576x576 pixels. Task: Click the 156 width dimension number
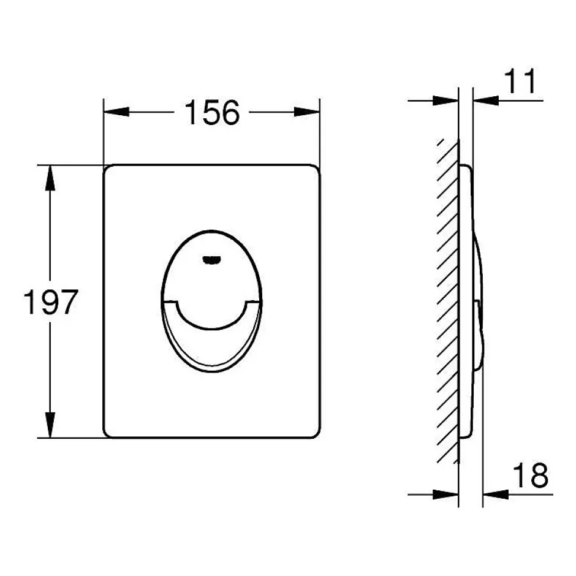[x=213, y=112]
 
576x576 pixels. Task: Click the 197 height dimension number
[x=51, y=302]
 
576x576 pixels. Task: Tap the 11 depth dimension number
[x=520, y=81]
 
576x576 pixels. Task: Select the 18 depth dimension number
[x=530, y=475]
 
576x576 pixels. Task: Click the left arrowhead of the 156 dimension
[x=116, y=112]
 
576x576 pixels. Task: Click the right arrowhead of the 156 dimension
[x=307, y=112]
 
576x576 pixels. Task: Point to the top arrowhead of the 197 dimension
[x=50, y=178]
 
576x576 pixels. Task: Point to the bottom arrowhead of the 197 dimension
[x=50, y=425]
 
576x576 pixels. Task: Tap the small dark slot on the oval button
[x=211, y=260]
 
